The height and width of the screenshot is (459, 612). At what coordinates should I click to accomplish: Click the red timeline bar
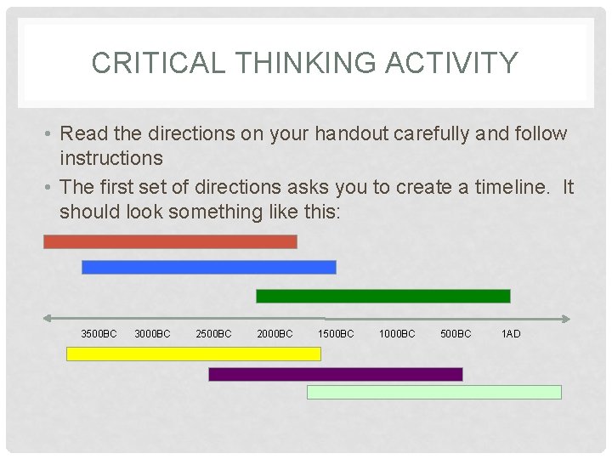tap(170, 241)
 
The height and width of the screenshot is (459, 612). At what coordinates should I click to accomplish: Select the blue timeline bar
tap(208, 267)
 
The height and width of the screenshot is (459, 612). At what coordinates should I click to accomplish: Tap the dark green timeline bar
tap(382, 296)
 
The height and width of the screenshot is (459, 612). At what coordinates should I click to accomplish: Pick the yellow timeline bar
tap(193, 354)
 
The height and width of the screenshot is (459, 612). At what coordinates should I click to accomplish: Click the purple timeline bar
tap(335, 374)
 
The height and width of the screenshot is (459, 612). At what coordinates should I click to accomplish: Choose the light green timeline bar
tap(433, 392)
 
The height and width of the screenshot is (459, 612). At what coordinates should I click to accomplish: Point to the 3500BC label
tap(99, 334)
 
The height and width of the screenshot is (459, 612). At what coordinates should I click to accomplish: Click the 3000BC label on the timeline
tap(152, 334)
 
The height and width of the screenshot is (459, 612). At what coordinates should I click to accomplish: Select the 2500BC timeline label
tap(213, 334)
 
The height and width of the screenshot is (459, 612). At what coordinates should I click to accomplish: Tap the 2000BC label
tap(275, 334)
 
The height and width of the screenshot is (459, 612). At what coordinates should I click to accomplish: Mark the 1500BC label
tap(336, 334)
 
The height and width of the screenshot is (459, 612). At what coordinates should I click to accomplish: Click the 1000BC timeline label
tap(397, 334)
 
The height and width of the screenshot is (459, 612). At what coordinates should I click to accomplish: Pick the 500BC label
tap(456, 334)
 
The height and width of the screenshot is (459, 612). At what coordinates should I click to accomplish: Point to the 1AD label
tap(511, 334)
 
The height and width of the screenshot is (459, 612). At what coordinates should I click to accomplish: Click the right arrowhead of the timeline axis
tap(565, 319)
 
